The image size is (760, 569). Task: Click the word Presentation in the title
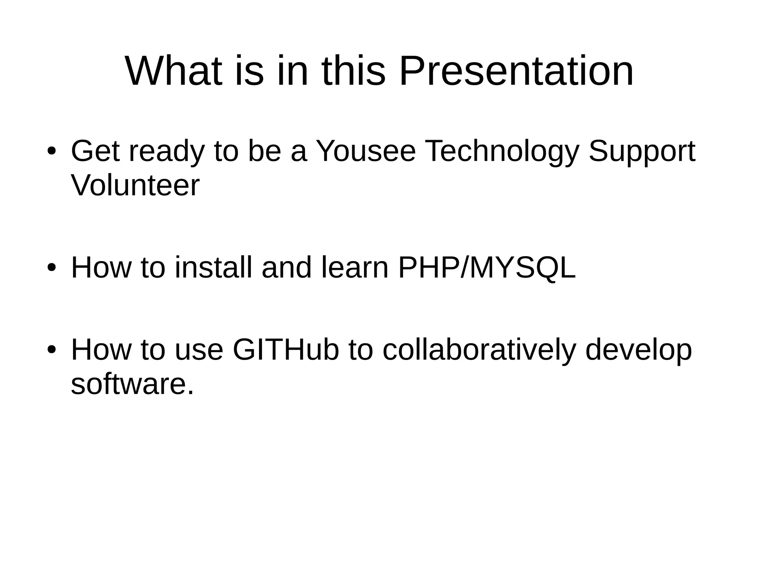(x=516, y=71)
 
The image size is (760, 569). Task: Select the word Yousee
(x=366, y=151)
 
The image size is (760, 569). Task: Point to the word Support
(x=642, y=151)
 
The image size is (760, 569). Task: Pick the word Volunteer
(x=135, y=185)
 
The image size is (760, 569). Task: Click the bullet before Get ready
(x=51, y=151)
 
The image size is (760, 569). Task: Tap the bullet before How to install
(x=51, y=267)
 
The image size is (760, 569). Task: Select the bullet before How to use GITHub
(x=51, y=350)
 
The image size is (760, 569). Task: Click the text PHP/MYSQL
(x=487, y=267)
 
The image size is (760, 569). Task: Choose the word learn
(x=354, y=267)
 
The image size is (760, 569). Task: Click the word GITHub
(x=286, y=350)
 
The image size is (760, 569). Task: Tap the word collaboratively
(x=479, y=350)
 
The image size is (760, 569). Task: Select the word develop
(x=638, y=350)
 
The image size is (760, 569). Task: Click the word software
(x=132, y=384)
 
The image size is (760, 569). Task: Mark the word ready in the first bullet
(x=167, y=151)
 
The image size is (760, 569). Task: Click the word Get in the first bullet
(x=95, y=151)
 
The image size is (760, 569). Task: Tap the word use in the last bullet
(x=199, y=350)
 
